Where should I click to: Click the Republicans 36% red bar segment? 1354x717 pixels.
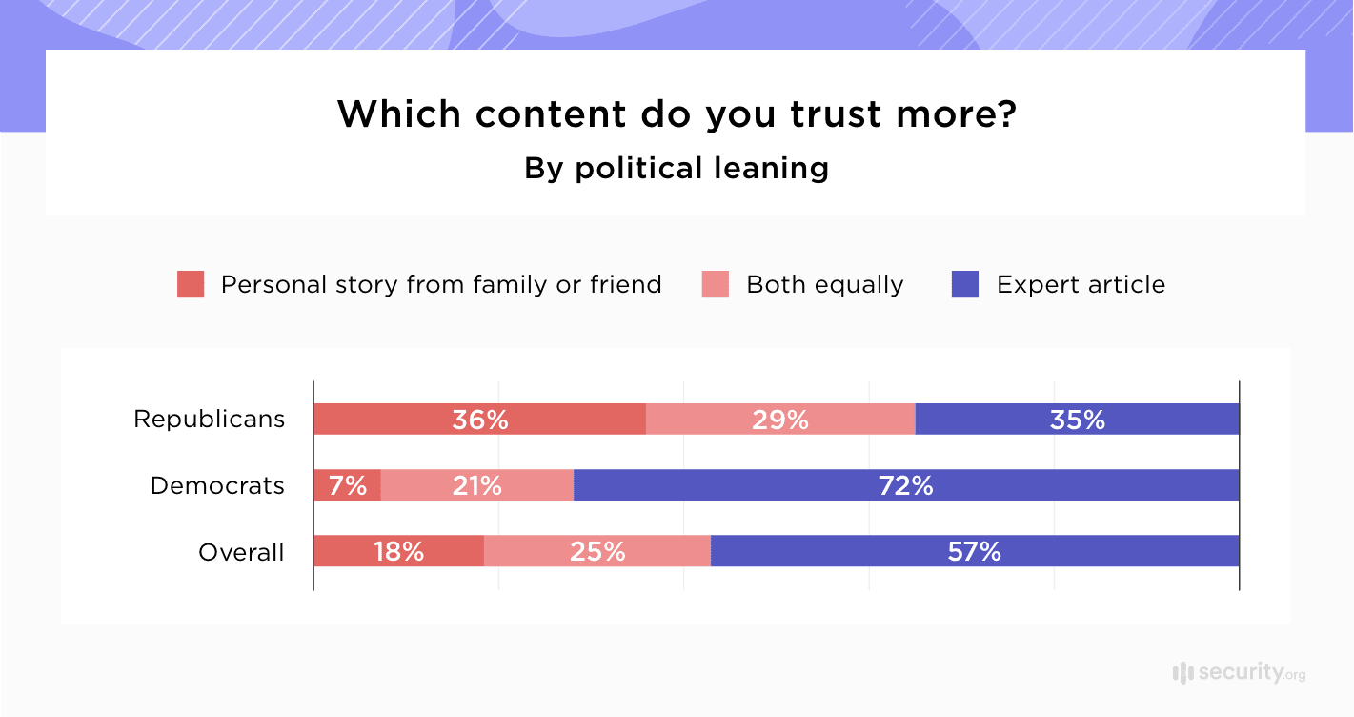click(479, 420)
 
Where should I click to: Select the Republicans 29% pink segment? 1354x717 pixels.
click(779, 420)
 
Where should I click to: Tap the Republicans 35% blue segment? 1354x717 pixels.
click(1077, 420)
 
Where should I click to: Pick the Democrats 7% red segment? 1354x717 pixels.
click(347, 485)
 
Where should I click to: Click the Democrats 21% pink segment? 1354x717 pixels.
click(476, 485)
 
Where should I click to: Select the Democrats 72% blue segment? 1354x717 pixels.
click(905, 485)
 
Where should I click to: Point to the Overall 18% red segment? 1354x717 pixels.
click(398, 551)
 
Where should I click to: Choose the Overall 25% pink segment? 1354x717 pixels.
click(596, 551)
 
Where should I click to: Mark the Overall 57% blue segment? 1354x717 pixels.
click(974, 551)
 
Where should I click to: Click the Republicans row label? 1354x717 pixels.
click(209, 420)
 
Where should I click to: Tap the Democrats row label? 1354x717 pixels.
click(217, 485)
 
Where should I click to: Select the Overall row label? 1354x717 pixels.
click(241, 552)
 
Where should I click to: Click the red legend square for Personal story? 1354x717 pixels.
click(191, 284)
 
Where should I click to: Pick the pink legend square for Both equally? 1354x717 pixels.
click(716, 284)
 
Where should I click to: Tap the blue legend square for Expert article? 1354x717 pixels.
click(965, 284)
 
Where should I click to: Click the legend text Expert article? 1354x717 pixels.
click(1081, 284)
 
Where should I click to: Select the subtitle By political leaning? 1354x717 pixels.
click(677, 169)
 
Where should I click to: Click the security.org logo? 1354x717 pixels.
click(1238, 672)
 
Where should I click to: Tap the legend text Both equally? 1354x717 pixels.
click(824, 284)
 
